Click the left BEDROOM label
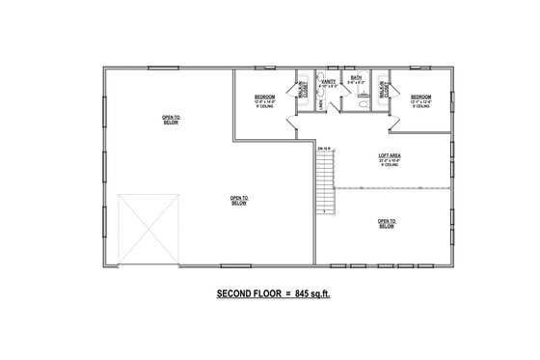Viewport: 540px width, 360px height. click(265, 97)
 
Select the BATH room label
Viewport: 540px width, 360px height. click(356, 78)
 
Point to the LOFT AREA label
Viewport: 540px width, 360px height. click(390, 154)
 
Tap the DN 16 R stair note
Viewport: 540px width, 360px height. click(322, 149)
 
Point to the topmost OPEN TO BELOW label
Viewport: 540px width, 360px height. click(170, 120)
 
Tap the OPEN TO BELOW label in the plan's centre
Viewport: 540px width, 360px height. click(238, 202)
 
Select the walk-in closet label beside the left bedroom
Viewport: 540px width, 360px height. click(302, 90)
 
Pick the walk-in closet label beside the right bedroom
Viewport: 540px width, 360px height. click(383, 90)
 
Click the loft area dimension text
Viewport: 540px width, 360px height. click(390, 160)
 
